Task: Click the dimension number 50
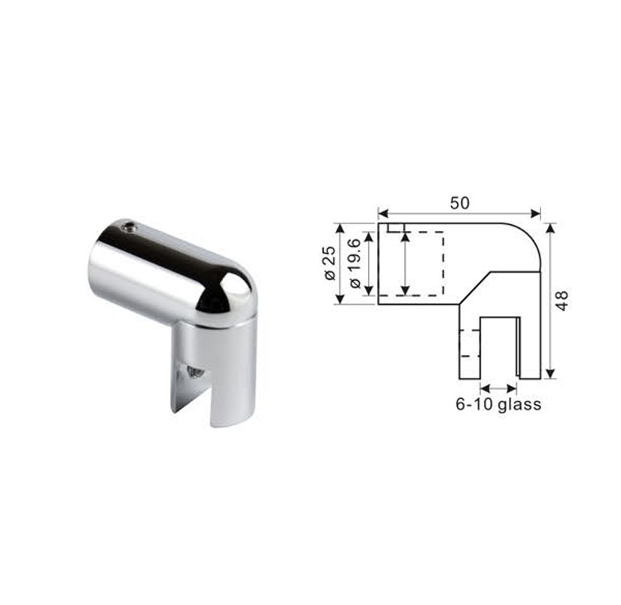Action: pyautogui.click(x=459, y=203)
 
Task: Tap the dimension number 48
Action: pyautogui.click(x=562, y=301)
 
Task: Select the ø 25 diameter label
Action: pyautogui.click(x=330, y=263)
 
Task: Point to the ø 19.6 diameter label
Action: pyautogui.click(x=355, y=263)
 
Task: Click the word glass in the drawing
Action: pyautogui.click(x=519, y=405)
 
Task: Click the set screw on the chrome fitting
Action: pyautogui.click(x=128, y=226)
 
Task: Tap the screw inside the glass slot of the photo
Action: pyautogui.click(x=194, y=372)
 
